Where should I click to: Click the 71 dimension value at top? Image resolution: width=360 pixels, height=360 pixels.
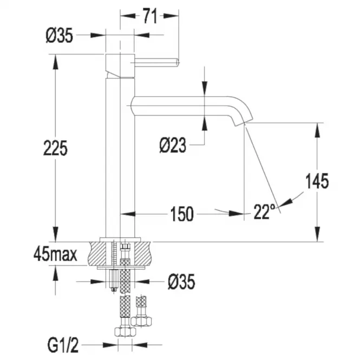click(x=149, y=16)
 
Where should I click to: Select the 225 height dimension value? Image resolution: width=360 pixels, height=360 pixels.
click(x=55, y=147)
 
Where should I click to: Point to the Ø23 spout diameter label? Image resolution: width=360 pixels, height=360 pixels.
click(x=173, y=145)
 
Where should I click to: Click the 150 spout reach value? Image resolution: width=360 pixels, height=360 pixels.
click(x=181, y=214)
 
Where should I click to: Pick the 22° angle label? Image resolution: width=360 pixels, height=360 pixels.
click(x=264, y=213)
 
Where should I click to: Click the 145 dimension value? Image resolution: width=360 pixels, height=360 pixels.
click(x=317, y=181)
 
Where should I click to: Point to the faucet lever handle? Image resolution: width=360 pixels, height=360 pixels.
click(x=157, y=61)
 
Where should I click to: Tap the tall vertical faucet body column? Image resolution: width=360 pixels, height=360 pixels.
click(x=120, y=157)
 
